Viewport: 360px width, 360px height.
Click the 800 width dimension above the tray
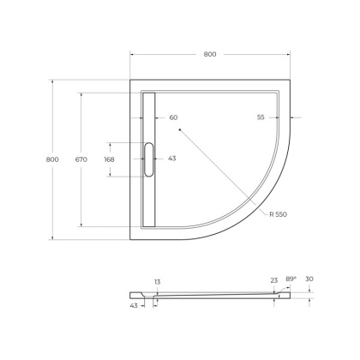tap(210, 54)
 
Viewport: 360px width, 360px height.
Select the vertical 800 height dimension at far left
tap(52, 160)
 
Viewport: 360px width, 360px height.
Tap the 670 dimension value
tap(81, 159)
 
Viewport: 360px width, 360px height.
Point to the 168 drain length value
tap(109, 159)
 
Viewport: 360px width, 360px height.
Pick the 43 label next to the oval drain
tap(171, 159)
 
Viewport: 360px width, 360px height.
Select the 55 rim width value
tap(261, 117)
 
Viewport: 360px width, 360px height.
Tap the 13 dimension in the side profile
tap(157, 281)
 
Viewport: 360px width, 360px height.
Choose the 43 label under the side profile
tap(134, 305)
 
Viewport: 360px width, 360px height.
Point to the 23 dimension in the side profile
tap(273, 280)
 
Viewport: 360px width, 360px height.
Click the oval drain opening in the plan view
tap(149, 159)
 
